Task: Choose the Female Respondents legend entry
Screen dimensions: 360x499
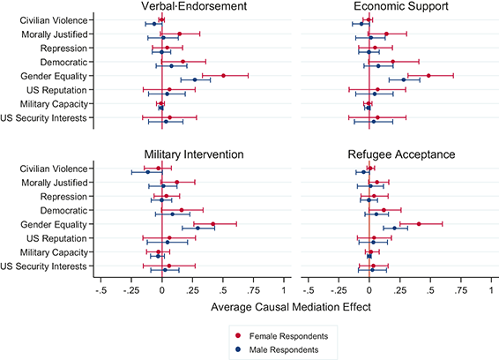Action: tap(292, 336)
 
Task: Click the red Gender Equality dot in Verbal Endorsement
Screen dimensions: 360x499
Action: tap(223, 76)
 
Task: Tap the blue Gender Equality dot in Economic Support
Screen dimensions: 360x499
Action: tap(404, 79)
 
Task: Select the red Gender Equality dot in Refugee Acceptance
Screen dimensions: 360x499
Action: tap(419, 224)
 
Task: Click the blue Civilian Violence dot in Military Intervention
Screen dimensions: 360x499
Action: tap(147, 171)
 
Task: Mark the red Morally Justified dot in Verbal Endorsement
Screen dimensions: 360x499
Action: tap(179, 34)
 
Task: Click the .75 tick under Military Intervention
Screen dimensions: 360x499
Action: tap(253, 290)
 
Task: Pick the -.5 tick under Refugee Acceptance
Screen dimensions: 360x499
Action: tap(309, 290)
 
